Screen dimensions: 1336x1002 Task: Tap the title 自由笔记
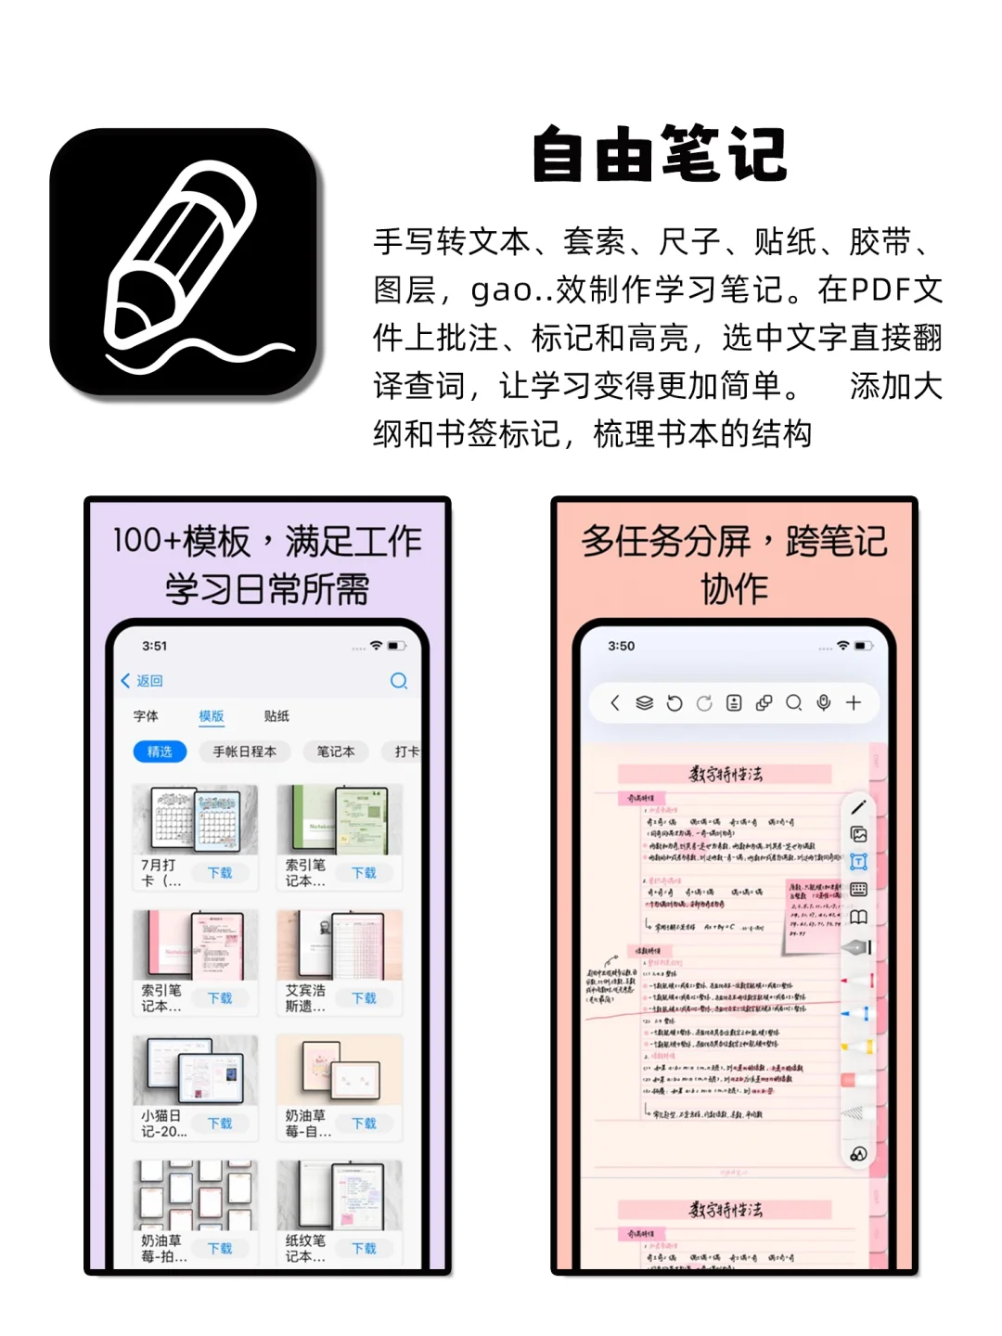tap(660, 155)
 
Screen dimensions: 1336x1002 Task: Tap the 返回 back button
tap(142, 680)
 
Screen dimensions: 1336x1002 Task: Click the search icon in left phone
tap(399, 681)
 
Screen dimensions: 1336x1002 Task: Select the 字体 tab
tap(146, 715)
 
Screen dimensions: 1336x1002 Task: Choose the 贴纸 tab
tap(276, 715)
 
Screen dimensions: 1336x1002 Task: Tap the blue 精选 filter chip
tap(160, 751)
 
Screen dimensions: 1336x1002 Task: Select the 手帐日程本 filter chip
tap(245, 751)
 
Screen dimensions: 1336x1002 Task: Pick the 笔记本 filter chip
tap(335, 751)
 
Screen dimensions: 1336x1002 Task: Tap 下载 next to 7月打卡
tap(220, 873)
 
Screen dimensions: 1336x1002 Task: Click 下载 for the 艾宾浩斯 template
tap(365, 998)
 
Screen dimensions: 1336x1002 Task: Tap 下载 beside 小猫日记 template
tap(220, 1124)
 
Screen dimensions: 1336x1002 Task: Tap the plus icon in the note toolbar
tap(854, 702)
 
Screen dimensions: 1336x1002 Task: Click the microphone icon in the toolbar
tap(823, 702)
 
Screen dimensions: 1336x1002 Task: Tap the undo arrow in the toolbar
tap(674, 703)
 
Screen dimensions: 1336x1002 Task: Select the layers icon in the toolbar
tap(644, 703)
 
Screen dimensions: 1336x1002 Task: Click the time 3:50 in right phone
tap(622, 646)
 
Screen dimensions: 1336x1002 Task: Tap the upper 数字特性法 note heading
tap(725, 774)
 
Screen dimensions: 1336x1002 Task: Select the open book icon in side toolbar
tap(858, 918)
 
